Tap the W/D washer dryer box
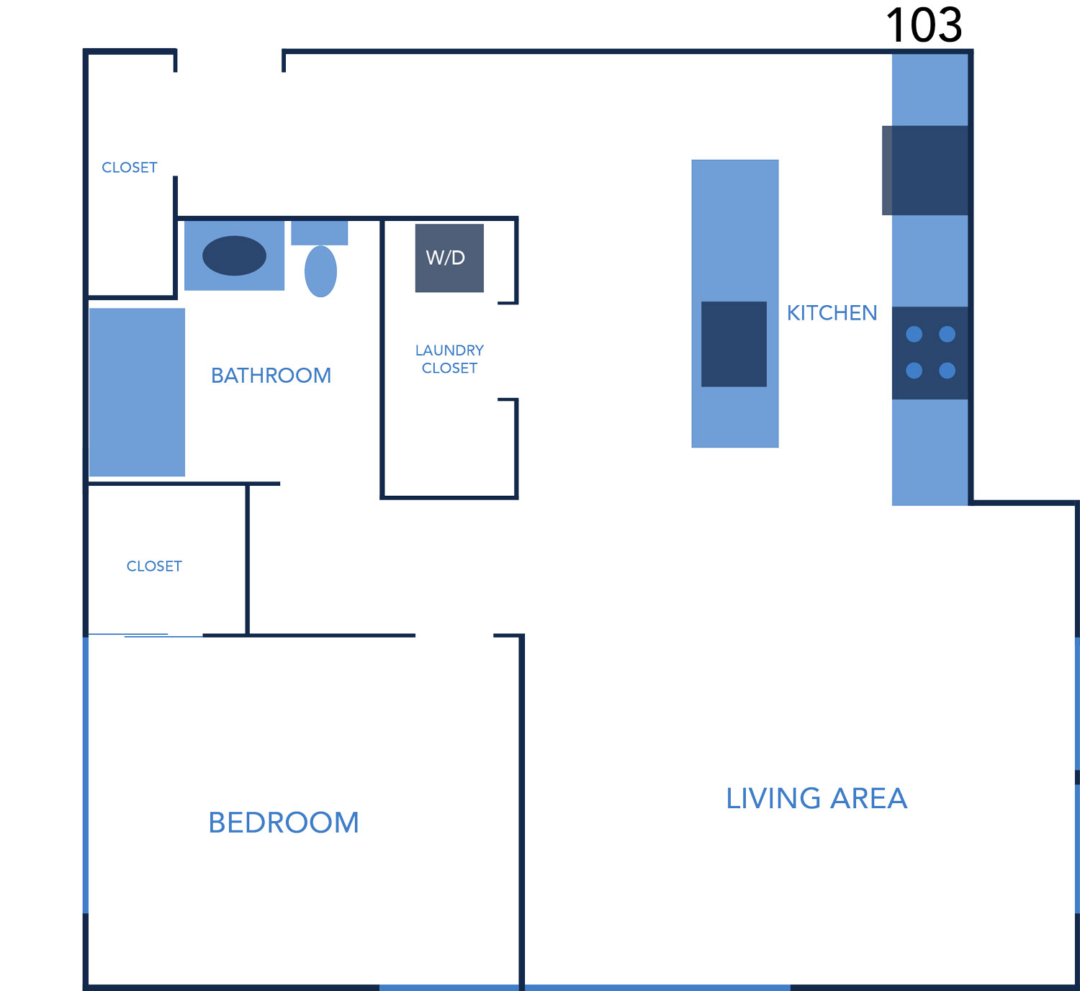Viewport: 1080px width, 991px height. tap(449, 258)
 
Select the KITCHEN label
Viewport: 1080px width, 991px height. tap(832, 313)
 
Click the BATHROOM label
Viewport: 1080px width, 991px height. tap(271, 375)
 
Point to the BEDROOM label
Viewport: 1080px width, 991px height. tap(284, 823)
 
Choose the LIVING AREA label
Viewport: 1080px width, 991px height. tap(816, 798)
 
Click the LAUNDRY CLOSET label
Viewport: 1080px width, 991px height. tap(449, 359)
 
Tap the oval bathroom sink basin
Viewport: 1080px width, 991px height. tap(234, 255)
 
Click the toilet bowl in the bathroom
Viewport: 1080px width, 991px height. tap(320, 271)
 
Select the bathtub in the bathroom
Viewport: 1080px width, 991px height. tap(138, 392)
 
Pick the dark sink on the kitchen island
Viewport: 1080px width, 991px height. tap(734, 344)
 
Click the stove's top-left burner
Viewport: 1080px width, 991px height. tap(914, 334)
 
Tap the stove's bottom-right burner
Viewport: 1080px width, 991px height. tap(947, 371)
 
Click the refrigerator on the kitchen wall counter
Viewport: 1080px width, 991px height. tap(925, 170)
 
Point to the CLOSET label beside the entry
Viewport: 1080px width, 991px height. tap(129, 168)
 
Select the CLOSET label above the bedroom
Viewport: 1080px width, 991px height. tap(154, 566)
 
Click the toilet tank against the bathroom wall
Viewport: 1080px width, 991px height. tap(319, 233)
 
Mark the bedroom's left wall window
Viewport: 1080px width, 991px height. tap(86, 775)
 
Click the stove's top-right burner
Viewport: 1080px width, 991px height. tap(947, 334)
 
